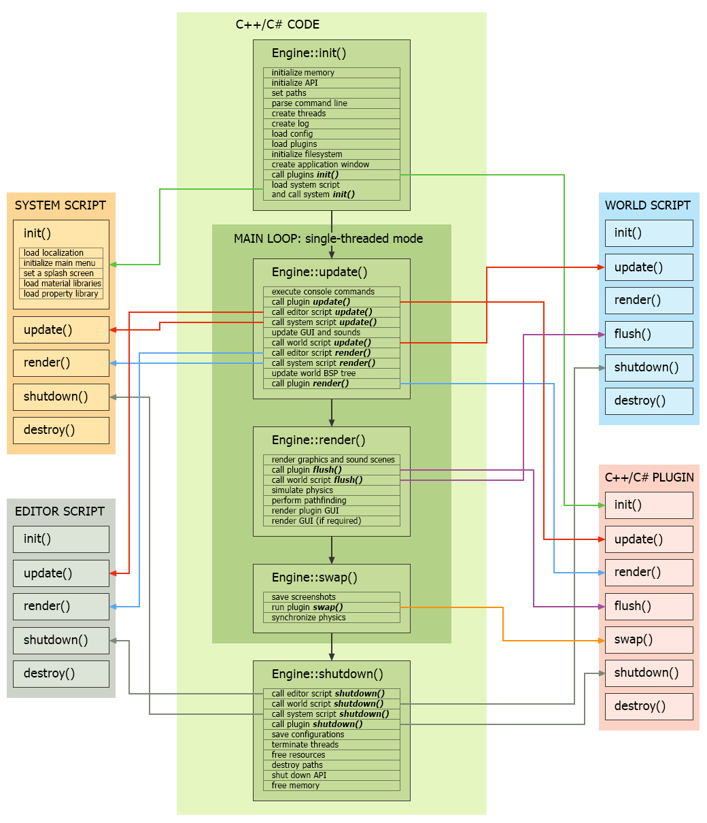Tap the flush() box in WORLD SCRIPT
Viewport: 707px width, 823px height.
(x=649, y=334)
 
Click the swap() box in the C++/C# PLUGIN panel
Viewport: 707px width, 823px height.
(x=649, y=639)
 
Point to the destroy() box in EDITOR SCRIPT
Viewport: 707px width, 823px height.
(x=61, y=673)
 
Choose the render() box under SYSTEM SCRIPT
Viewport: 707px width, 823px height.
(x=61, y=363)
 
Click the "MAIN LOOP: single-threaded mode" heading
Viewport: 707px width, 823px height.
(x=328, y=239)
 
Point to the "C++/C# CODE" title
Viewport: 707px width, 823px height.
(x=277, y=24)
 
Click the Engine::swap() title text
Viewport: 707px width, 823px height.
(x=315, y=577)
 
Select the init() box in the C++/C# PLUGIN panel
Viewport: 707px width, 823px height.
(x=649, y=505)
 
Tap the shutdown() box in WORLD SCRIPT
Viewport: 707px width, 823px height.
(x=649, y=367)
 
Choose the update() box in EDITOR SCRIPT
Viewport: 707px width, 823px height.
(x=61, y=573)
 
